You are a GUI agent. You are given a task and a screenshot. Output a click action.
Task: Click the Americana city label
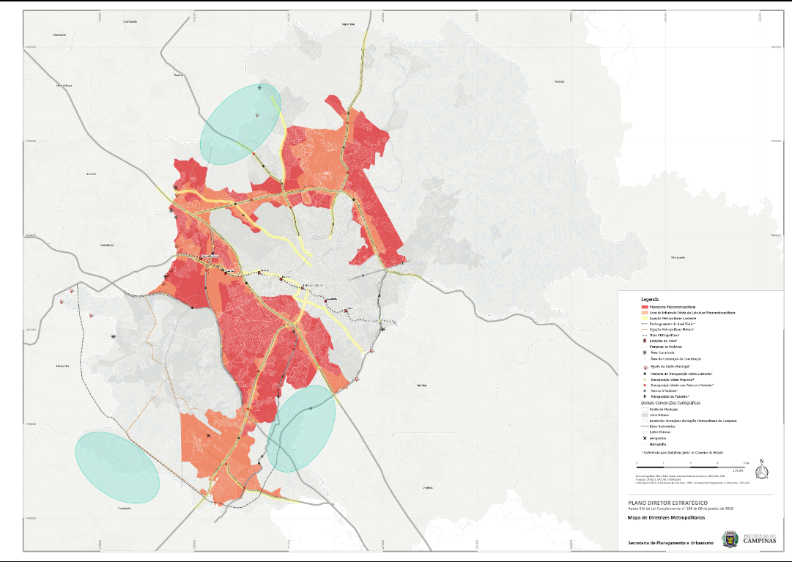(60, 35)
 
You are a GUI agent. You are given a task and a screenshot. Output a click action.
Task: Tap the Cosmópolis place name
(131, 21)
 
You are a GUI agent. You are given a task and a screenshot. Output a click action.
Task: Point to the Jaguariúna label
(348, 24)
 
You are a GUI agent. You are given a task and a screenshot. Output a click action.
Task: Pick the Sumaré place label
(92, 174)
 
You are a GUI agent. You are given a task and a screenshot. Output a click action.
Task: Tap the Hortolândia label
(108, 245)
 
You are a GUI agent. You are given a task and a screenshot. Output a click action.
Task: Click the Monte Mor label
(62, 365)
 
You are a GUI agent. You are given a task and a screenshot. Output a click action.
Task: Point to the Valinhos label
(421, 384)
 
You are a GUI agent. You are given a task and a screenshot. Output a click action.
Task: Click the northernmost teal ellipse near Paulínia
(241, 123)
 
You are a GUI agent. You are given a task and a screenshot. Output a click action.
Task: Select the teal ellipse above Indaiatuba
(116, 467)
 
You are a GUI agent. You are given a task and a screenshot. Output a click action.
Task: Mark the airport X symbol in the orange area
(209, 436)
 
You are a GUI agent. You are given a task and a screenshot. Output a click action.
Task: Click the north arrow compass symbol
(761, 469)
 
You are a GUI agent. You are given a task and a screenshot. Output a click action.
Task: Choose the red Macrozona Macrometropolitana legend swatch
(645, 306)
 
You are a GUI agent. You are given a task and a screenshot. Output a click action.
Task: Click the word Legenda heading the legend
(651, 300)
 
